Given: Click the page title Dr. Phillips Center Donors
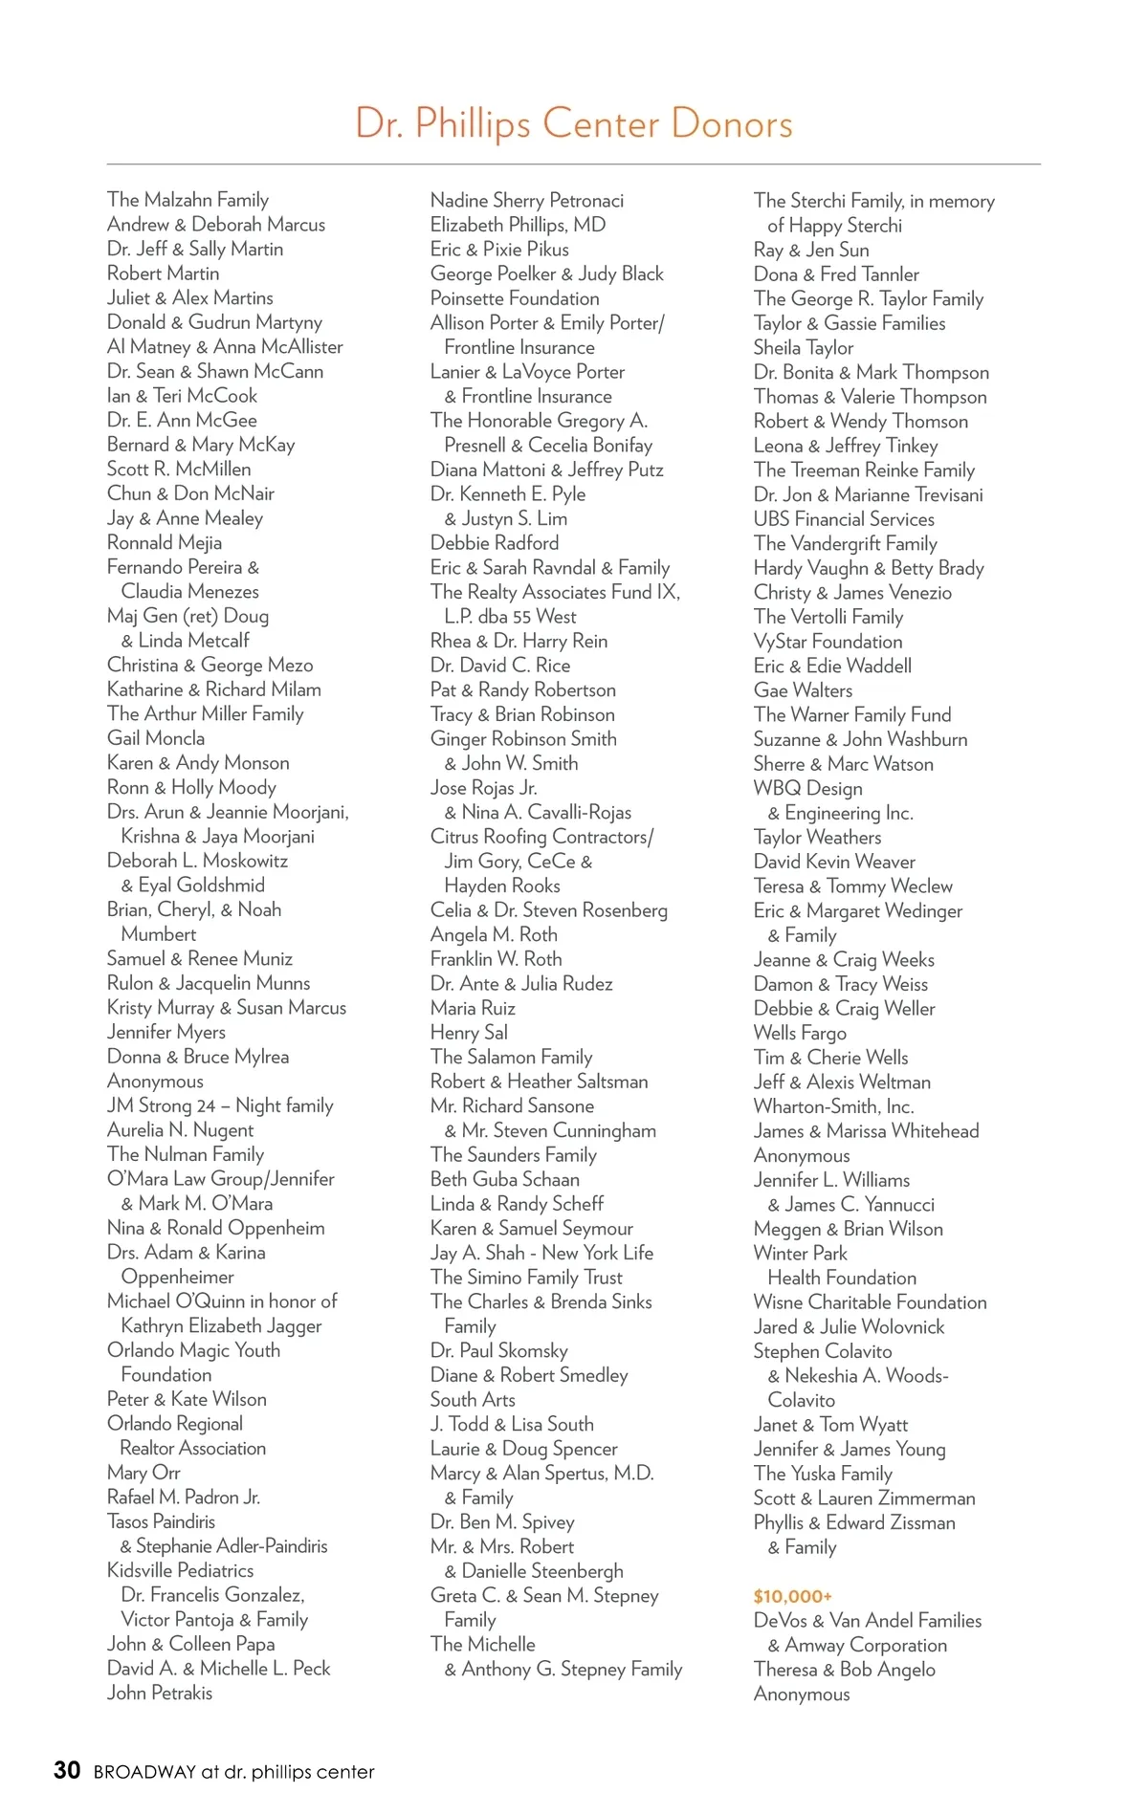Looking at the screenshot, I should coord(573,124).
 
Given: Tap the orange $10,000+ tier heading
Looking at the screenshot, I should coord(792,1596).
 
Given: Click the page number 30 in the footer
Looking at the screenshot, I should coord(67,1770).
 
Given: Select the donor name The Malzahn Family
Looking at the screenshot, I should coord(188,200).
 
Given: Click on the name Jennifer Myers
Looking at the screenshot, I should coord(166,1032).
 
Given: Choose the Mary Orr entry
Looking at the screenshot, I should coord(143,1473).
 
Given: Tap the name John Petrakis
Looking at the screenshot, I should coord(160,1693).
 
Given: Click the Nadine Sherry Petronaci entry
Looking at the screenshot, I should coord(526,201).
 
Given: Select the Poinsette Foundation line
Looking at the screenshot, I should coord(515,298).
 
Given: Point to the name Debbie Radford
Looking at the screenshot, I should coord(494,543).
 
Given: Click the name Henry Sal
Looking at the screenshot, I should coord(469,1033).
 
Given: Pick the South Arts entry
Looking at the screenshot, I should coord(473,1399).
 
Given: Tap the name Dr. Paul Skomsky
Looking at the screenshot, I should coord(498,1350).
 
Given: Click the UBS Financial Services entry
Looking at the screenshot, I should coord(844,519).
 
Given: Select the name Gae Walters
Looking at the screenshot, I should coord(803,690).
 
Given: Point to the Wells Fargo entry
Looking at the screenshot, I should coord(800,1033).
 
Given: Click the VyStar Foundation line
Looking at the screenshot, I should coord(828,642).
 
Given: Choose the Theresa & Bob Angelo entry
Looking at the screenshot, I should coord(844,1670).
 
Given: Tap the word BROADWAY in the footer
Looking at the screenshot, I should coord(143,1772).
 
